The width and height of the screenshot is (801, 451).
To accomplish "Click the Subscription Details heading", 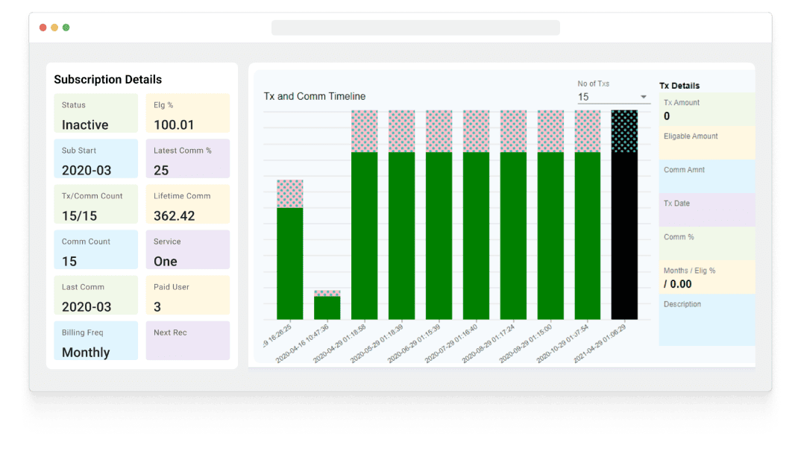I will (x=107, y=80).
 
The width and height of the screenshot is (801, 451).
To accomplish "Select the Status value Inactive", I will (x=85, y=125).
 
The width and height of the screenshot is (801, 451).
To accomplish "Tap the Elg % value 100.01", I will (x=174, y=125).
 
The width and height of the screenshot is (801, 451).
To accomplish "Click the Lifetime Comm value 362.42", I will (x=175, y=216).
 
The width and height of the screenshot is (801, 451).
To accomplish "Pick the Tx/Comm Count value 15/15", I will (x=79, y=216).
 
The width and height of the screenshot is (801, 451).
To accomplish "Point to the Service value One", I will (x=166, y=262).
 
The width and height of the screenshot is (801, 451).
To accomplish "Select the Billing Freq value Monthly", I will (x=86, y=353).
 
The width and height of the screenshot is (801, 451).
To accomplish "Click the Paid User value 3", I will (x=157, y=307).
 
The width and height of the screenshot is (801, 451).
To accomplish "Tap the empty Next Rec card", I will (x=187, y=341).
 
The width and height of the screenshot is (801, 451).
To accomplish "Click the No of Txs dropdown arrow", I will (x=644, y=97).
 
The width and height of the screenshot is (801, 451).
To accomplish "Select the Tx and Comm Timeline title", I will (x=315, y=96).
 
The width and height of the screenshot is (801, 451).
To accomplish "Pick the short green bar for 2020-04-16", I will (x=327, y=307).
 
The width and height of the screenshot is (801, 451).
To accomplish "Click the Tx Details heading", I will (x=679, y=86).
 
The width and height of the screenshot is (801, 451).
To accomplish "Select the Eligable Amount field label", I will (x=691, y=136).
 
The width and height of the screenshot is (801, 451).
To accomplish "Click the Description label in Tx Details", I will (x=682, y=304).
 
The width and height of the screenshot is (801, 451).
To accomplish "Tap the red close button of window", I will (x=43, y=28).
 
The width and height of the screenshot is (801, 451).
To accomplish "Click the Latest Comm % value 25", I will (x=161, y=171).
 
